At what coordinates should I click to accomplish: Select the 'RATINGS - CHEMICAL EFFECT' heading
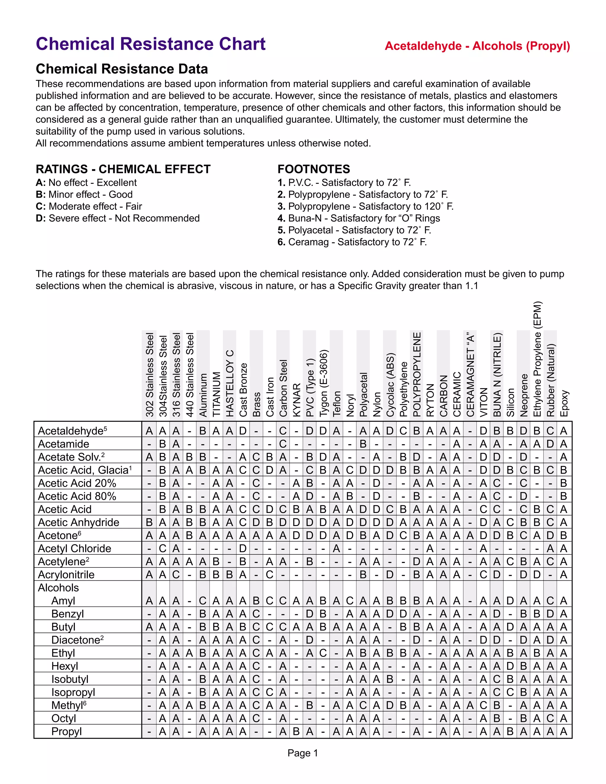click(x=123, y=169)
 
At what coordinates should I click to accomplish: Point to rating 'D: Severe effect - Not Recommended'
click(x=118, y=218)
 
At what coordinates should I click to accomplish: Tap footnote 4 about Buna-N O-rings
click(x=359, y=218)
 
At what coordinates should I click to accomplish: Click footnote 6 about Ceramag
click(x=352, y=242)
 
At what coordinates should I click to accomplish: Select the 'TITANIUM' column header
click(x=217, y=394)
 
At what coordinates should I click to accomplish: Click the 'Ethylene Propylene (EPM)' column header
click(x=537, y=359)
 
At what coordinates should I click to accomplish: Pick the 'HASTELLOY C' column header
click(x=230, y=383)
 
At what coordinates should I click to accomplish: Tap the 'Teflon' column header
click(x=336, y=404)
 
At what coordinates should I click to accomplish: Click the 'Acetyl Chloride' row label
click(x=74, y=549)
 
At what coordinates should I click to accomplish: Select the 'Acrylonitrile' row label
click(x=66, y=575)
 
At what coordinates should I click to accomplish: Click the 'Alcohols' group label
click(x=58, y=588)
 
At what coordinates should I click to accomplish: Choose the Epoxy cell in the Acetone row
click(x=564, y=535)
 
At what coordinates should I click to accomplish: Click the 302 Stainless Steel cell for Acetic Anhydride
click(x=149, y=522)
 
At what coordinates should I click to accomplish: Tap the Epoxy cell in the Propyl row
click(x=564, y=732)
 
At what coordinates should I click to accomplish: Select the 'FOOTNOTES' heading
click(x=313, y=169)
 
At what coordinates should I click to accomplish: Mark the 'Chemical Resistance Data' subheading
click(x=122, y=69)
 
